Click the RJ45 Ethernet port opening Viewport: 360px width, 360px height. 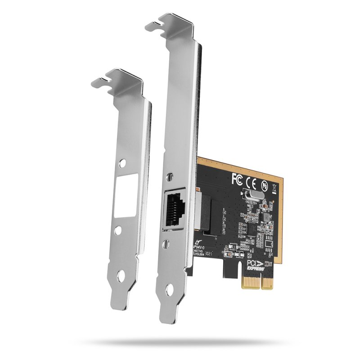[x=177, y=207]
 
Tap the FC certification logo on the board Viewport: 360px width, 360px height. [x=237, y=179]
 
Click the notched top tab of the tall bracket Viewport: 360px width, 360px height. [x=168, y=21]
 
